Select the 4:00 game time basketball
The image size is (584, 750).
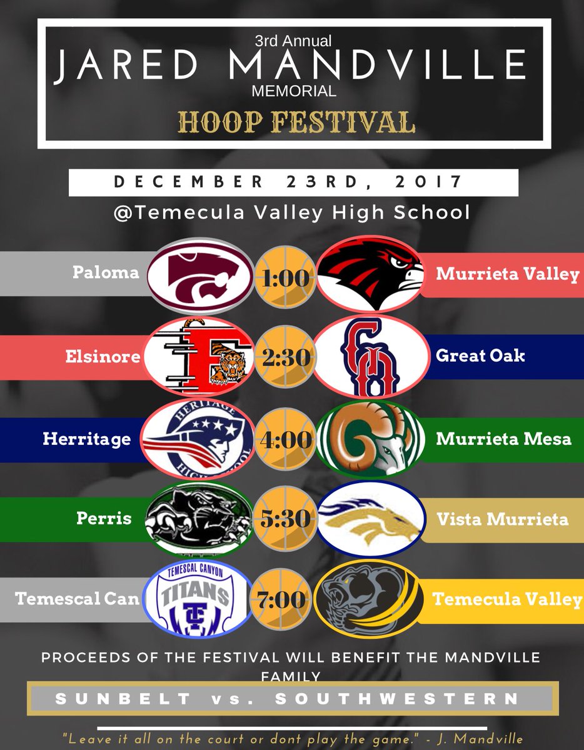[x=284, y=439]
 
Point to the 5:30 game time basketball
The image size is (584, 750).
[x=284, y=519]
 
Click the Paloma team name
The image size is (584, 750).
[x=106, y=273]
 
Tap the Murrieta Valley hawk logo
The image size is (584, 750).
[x=366, y=274]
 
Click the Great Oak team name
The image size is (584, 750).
[x=481, y=356]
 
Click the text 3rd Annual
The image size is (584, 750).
[x=293, y=42]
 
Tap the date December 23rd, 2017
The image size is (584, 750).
[x=293, y=182]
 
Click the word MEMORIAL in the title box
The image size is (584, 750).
[x=293, y=91]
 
